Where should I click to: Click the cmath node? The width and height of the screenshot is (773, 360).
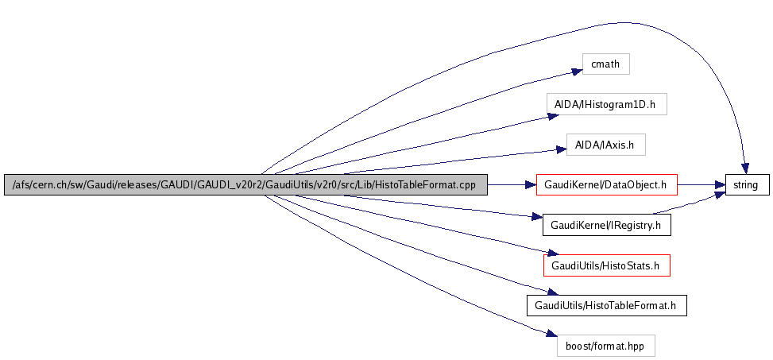coord(605,64)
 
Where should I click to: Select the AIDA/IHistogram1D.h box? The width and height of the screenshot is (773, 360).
coord(605,104)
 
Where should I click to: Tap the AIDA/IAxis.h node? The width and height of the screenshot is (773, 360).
coord(605,145)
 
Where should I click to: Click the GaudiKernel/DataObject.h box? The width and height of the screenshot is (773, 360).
coord(606,185)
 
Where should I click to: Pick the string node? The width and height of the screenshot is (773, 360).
coord(746,185)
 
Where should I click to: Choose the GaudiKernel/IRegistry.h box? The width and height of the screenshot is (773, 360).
coord(606,225)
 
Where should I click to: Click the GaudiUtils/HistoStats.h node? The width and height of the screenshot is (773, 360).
coord(606,265)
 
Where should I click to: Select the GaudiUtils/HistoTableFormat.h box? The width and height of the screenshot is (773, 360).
coord(606,305)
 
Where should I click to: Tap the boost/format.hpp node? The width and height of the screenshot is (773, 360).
coord(606,346)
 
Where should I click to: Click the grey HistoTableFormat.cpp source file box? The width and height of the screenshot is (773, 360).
coord(245,185)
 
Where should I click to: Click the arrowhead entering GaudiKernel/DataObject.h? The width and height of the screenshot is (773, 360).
coord(531,185)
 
